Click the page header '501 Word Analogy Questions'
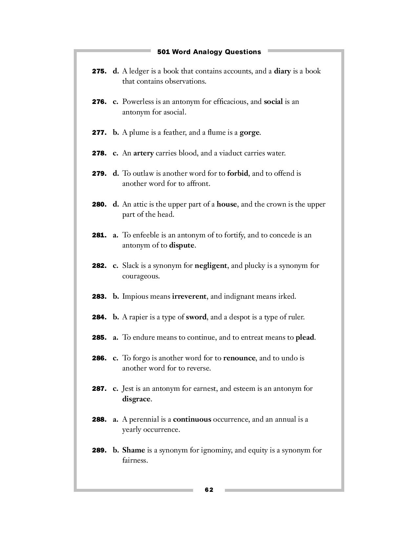point(209,52)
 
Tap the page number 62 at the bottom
point(209,490)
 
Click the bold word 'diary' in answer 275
point(282,71)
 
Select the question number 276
point(99,102)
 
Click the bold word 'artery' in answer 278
point(143,153)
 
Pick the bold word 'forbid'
point(237,173)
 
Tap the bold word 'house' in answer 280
point(227,204)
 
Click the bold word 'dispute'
point(182,245)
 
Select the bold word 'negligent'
point(210,266)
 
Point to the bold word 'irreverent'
point(189,296)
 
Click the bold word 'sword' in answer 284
point(196,317)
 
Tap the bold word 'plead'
point(305,337)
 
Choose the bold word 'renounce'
point(239,358)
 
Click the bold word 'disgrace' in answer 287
point(136,399)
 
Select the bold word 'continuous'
point(192,419)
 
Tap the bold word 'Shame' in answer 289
point(133,450)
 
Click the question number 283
point(99,297)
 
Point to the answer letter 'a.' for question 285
point(115,337)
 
